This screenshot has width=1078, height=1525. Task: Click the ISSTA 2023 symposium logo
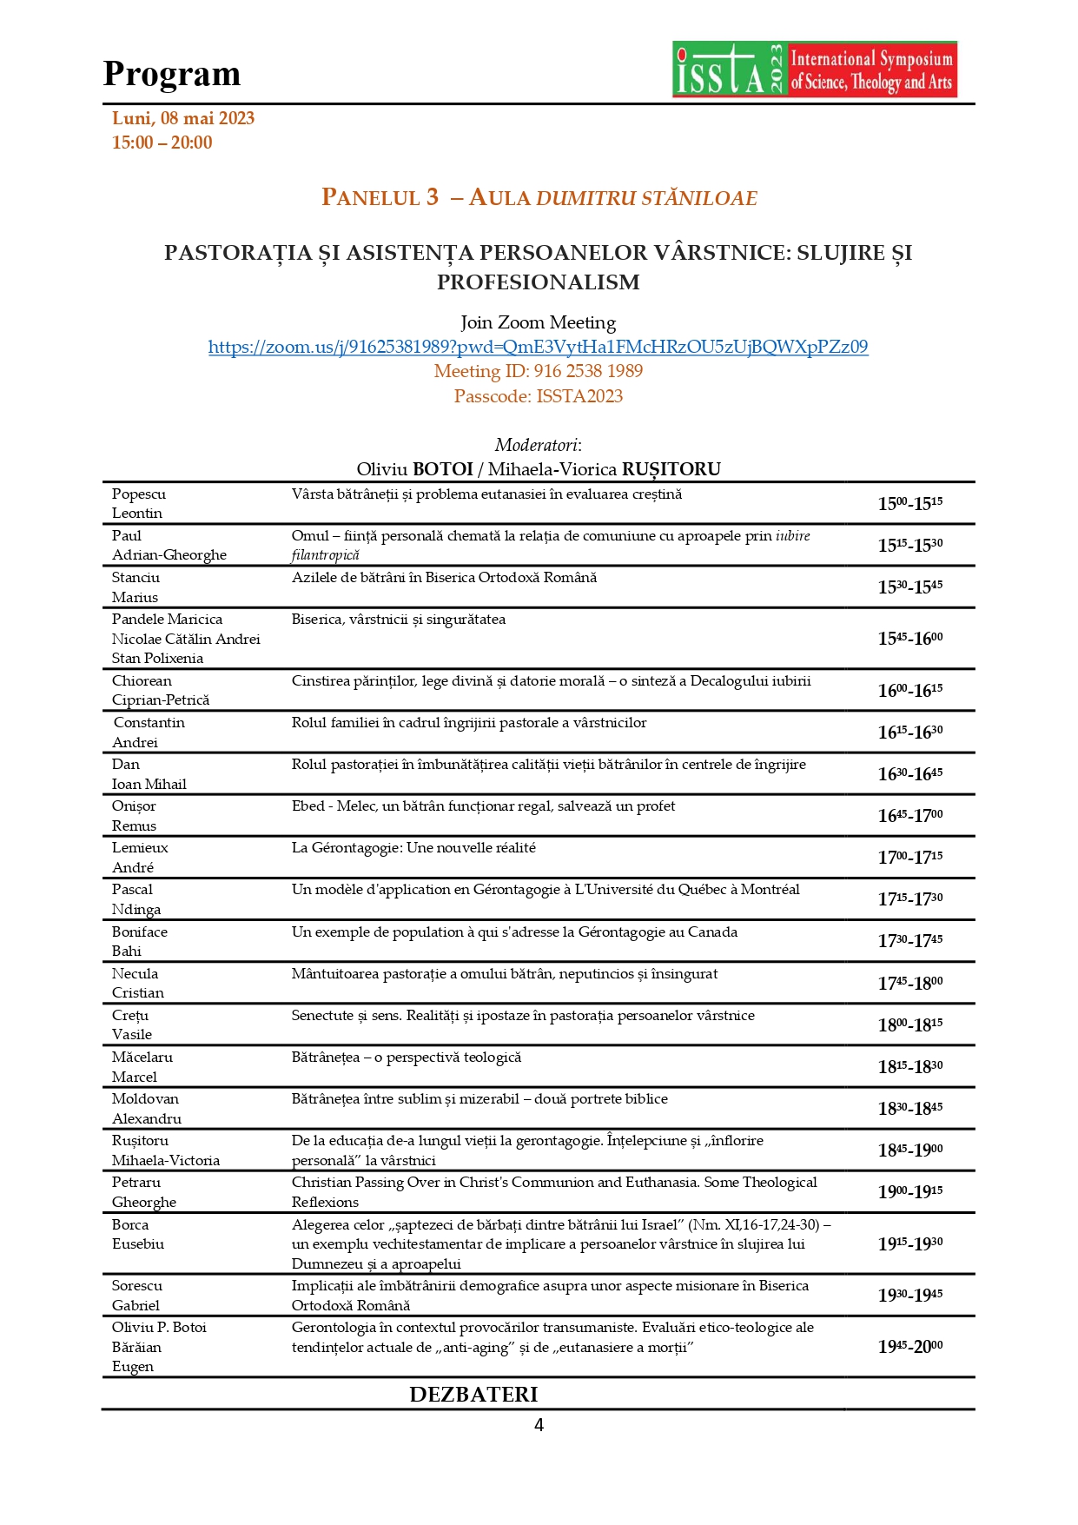click(x=814, y=70)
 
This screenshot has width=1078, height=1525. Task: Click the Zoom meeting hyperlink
click(x=538, y=347)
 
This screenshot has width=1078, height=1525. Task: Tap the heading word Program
click(x=172, y=74)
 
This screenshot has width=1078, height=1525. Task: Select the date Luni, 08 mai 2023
click(x=183, y=118)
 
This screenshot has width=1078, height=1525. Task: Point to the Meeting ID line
click(x=538, y=371)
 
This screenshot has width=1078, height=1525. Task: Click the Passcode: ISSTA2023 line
click(x=538, y=396)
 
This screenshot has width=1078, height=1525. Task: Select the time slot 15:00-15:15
click(x=909, y=503)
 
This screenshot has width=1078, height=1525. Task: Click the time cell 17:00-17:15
click(x=909, y=857)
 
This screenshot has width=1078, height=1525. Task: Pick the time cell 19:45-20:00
click(x=909, y=1346)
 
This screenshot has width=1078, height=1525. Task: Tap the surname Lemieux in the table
click(x=140, y=847)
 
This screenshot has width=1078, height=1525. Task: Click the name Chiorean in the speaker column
click(x=142, y=680)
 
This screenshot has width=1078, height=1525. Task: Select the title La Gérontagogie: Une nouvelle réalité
click(x=413, y=847)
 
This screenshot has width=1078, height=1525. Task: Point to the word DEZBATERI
click(x=473, y=1394)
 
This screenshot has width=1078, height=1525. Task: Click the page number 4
click(x=539, y=1425)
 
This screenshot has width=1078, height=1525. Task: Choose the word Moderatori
click(x=538, y=445)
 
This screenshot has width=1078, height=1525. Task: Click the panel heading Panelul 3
click(x=380, y=197)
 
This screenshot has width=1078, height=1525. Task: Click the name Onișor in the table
click(x=134, y=806)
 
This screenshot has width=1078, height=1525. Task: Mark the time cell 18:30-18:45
click(x=909, y=1108)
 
